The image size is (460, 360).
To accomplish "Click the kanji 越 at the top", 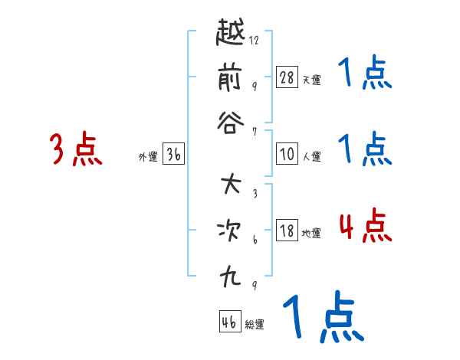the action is pos(232,34).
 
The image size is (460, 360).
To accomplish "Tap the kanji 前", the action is pos(232,77).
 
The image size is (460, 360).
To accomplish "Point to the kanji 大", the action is pos(232,185).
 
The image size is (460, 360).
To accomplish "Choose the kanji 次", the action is pos(232,229).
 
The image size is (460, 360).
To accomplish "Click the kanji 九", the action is pos(232,273).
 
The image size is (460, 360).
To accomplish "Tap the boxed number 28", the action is pos(287,77).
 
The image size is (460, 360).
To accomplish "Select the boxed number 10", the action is pos(287,154).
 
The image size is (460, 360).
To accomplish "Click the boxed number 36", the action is pos(173,155).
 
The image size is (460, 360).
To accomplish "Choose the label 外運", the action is pos(148,157).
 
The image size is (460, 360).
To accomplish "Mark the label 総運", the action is pos(255,324).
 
